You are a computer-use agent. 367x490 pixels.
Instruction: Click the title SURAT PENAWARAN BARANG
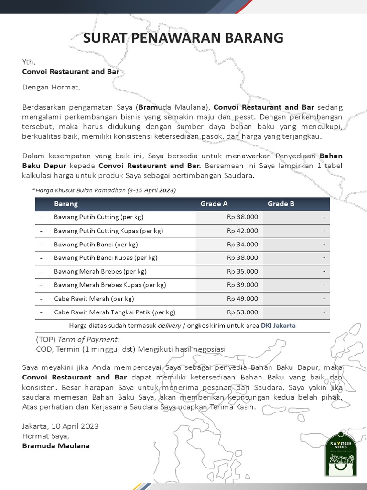click(x=183, y=38)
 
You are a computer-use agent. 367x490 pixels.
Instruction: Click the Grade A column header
click(x=214, y=204)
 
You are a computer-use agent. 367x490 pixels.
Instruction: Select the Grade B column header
click(x=281, y=204)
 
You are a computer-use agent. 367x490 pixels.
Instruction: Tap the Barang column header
click(x=66, y=204)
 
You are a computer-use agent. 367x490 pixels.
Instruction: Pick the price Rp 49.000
click(x=242, y=299)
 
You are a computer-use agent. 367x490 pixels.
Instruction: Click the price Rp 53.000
click(x=242, y=312)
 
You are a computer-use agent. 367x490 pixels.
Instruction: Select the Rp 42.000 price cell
click(x=242, y=231)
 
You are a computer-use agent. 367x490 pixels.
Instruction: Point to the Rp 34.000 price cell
click(x=242, y=245)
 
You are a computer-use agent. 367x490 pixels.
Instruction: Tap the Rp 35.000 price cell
click(x=242, y=271)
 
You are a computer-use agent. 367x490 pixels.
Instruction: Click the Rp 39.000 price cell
click(x=242, y=285)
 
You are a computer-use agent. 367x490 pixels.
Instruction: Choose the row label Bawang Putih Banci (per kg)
click(x=96, y=245)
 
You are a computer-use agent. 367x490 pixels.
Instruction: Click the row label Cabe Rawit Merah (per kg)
click(x=94, y=299)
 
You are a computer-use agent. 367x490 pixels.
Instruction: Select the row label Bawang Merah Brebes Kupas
click(x=110, y=285)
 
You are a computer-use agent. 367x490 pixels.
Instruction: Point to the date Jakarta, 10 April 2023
click(x=60, y=426)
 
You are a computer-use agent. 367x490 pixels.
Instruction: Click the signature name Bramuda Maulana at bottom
click(x=56, y=446)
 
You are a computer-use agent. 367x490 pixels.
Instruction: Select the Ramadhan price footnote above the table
click(x=104, y=190)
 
